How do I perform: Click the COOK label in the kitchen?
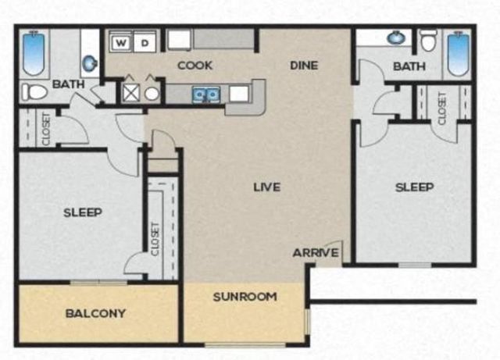(195, 66)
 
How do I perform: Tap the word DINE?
(303, 66)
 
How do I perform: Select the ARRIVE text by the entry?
(316, 253)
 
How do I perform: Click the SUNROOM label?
(245, 297)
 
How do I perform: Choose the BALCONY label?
(95, 314)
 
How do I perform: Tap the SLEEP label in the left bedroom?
(83, 212)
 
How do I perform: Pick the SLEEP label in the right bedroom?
(414, 187)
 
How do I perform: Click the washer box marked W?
(122, 41)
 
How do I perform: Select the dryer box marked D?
(144, 41)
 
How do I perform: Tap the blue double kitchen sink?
(206, 94)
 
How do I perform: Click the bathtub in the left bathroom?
(34, 52)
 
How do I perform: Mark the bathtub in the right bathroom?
(457, 53)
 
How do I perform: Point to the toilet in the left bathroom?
(34, 92)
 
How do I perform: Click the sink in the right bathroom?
(395, 37)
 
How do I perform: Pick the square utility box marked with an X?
(130, 92)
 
